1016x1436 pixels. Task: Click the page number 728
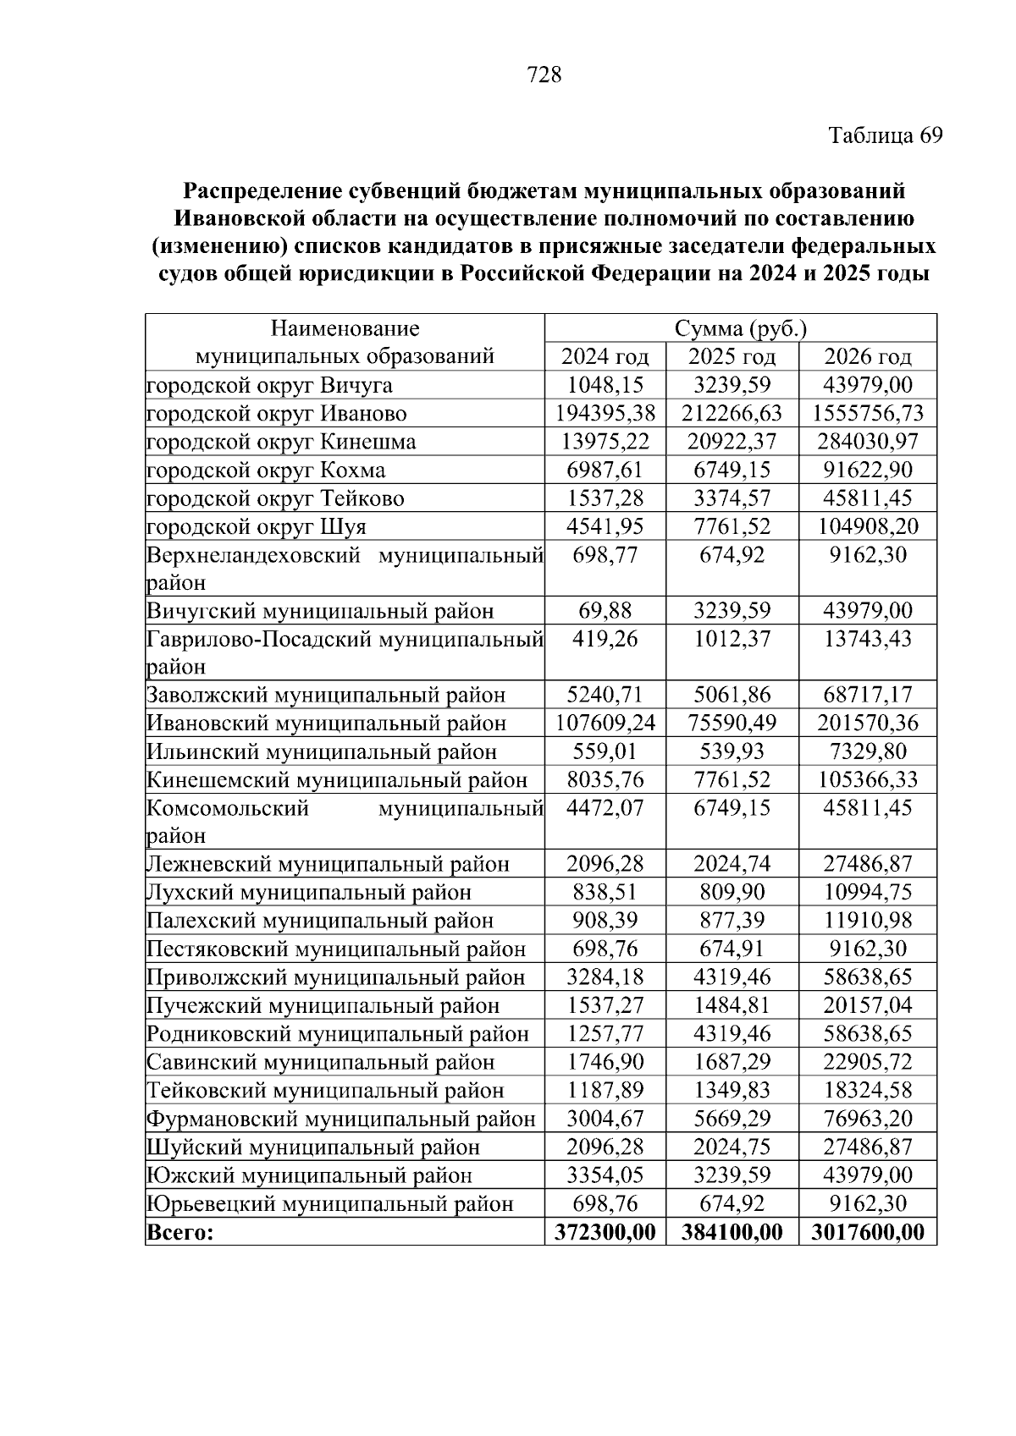click(544, 75)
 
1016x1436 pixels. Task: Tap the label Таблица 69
click(885, 135)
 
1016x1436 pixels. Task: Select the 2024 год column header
click(605, 356)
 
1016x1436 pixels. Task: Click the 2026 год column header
click(868, 356)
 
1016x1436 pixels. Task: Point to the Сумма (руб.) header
click(740, 328)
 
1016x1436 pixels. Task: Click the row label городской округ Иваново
click(277, 413)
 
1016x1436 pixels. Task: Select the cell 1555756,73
click(868, 413)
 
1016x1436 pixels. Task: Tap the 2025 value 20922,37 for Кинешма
click(732, 441)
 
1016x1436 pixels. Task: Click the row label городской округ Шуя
click(257, 526)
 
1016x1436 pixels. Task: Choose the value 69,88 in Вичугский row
click(605, 610)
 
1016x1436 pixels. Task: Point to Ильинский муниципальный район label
click(322, 751)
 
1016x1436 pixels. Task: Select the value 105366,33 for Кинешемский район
click(868, 779)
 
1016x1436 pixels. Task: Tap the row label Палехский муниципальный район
click(320, 921)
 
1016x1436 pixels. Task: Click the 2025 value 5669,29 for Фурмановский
click(732, 1119)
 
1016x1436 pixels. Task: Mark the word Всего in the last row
click(180, 1232)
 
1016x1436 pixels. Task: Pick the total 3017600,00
click(868, 1232)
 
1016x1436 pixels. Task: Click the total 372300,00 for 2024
click(605, 1232)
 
